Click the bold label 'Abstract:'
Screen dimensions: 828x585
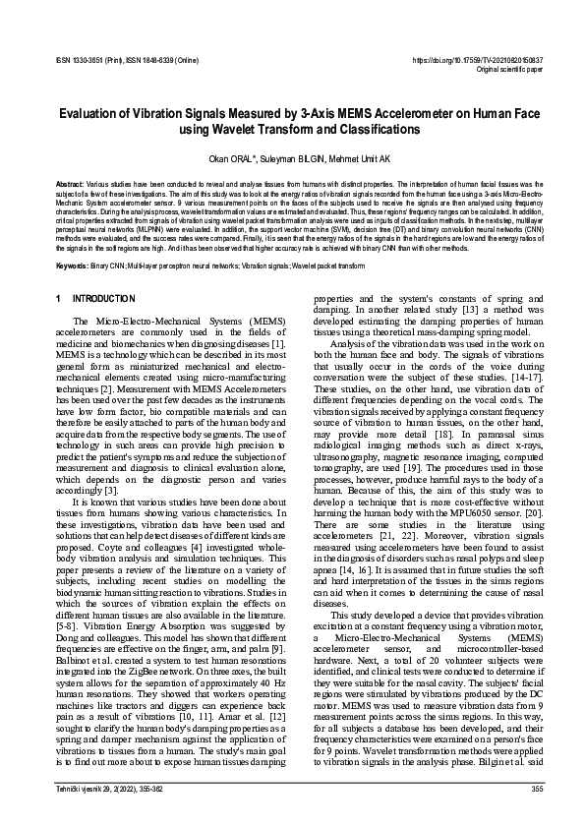pyautogui.click(x=70, y=184)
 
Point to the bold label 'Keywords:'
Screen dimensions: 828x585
pyautogui.click(x=72, y=266)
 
